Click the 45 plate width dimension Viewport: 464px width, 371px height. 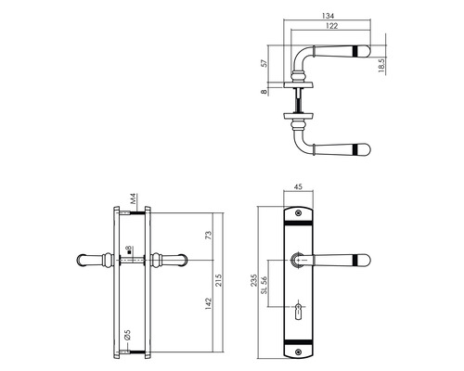tap(298, 186)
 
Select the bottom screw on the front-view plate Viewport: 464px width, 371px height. tap(298, 350)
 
